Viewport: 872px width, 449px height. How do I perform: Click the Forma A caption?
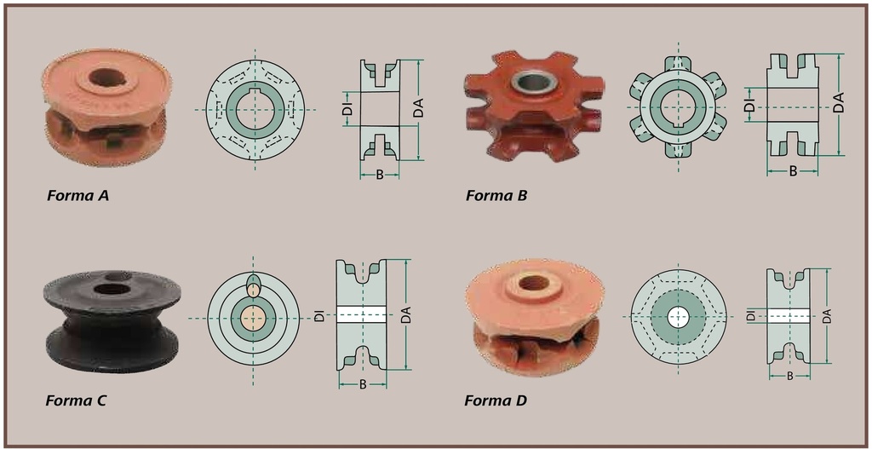click(x=77, y=195)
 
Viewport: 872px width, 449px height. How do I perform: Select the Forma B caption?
click(x=496, y=195)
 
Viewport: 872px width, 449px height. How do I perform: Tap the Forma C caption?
click(x=76, y=400)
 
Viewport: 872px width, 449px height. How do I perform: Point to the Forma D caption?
click(x=496, y=400)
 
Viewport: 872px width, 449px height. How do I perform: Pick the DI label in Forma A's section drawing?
click(x=348, y=108)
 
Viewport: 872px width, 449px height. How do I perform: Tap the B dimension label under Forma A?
click(x=379, y=175)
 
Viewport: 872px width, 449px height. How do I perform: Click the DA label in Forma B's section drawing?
click(x=839, y=103)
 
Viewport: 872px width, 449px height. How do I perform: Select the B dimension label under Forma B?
click(x=794, y=171)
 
